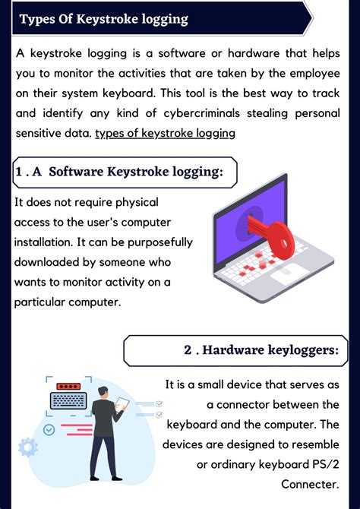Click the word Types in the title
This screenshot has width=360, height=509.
tap(37, 19)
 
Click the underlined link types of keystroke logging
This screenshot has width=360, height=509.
tap(165, 133)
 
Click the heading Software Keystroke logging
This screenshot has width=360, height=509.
tap(136, 172)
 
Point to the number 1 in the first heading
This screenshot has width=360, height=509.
tap(18, 172)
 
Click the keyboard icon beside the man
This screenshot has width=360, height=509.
tap(69, 400)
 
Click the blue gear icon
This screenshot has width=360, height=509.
tap(28, 446)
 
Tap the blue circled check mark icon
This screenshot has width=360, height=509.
tap(49, 430)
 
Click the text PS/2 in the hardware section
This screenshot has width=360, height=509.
tap(324, 463)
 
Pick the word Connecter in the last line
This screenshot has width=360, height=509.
tap(309, 483)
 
